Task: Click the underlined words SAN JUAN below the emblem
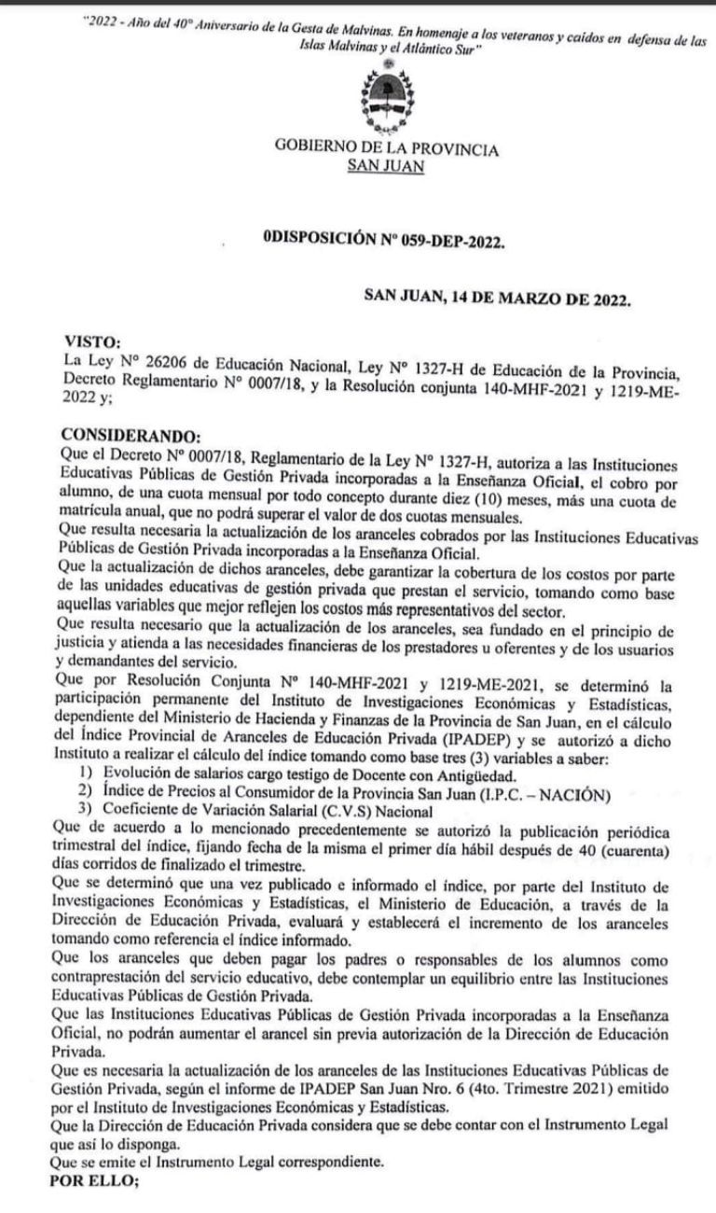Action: coord(384,166)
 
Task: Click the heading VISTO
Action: coord(90,342)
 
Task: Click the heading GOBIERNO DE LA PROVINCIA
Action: coord(386,148)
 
